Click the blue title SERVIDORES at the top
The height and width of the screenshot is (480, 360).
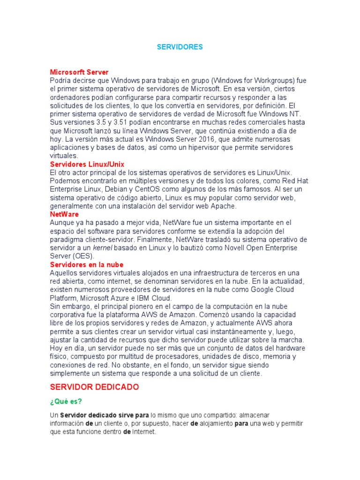pos(180,47)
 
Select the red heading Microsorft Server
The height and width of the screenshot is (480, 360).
pos(79,72)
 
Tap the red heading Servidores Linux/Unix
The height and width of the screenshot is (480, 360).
pos(87,165)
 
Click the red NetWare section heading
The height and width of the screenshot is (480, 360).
pos(64,214)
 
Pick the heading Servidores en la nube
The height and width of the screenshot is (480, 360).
pos(87,264)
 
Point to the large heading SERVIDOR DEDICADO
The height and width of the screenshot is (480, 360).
pos(94,387)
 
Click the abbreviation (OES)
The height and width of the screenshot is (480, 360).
pos(83,256)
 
